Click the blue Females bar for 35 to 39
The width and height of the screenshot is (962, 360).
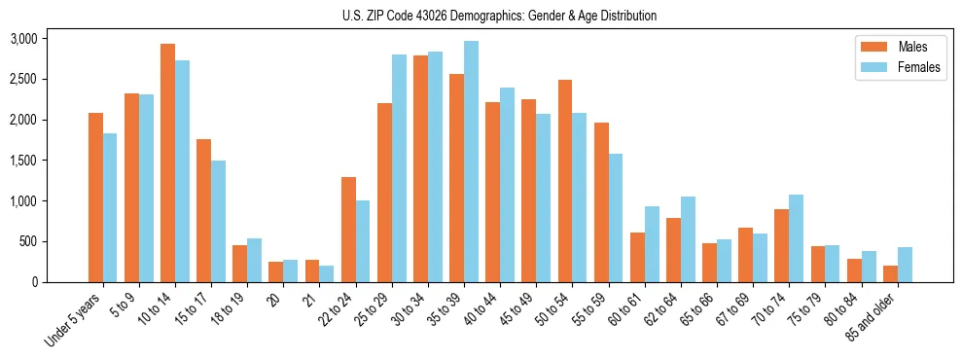click(471, 162)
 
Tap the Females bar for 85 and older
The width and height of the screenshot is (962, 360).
click(905, 265)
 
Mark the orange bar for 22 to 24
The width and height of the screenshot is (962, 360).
click(348, 230)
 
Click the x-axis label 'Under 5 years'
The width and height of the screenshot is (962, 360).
click(73, 321)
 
